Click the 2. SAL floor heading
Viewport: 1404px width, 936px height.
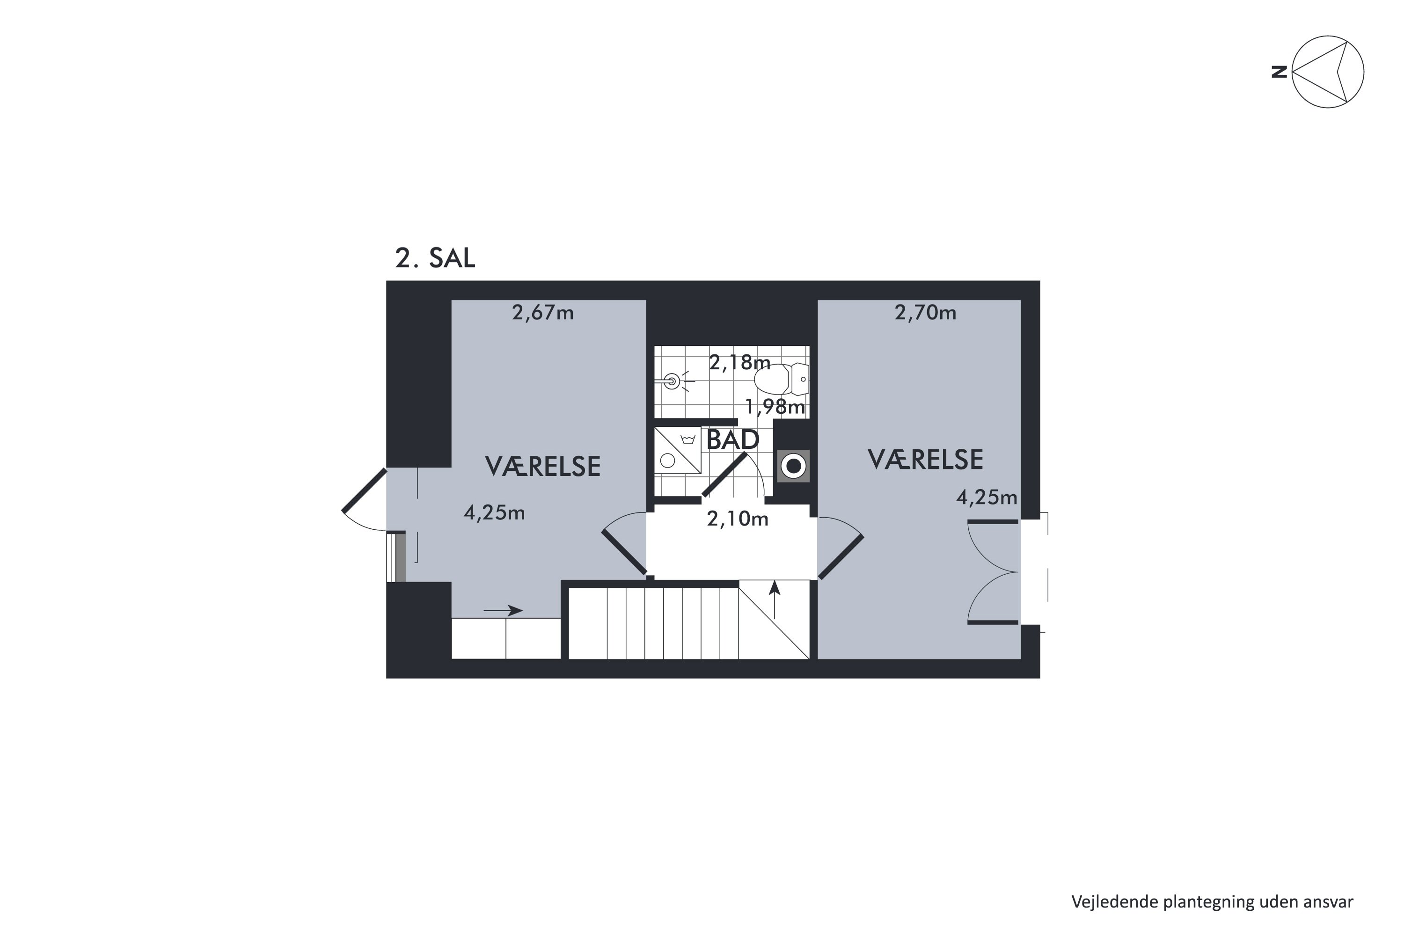pos(435,258)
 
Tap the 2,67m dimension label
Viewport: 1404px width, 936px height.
pos(542,313)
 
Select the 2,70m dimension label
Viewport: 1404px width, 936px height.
pos(925,313)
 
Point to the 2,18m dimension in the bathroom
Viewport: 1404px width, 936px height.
pos(739,362)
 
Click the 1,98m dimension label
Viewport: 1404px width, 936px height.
pos(775,407)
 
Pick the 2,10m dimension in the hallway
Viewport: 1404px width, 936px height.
pos(737,519)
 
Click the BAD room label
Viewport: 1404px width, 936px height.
pos(732,440)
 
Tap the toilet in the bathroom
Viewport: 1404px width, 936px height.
pos(782,379)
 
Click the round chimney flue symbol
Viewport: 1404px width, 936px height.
pos(793,466)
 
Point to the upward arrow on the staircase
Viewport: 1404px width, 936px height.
pos(775,600)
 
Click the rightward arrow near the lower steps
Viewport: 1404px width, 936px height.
pos(503,610)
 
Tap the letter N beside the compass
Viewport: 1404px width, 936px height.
pos(1279,72)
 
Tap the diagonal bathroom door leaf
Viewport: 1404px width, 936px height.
pos(724,475)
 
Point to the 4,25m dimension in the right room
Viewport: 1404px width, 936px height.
pos(987,497)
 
